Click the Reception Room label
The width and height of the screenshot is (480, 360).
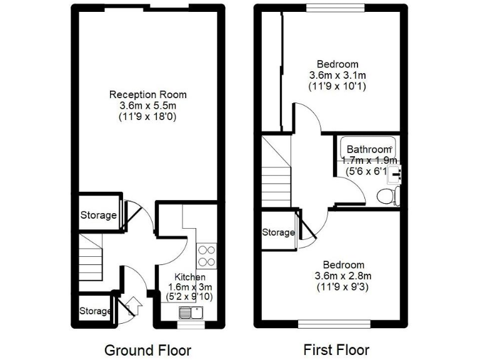[147, 94]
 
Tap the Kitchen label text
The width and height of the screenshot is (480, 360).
[190, 277]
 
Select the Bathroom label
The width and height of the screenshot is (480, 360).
[369, 149]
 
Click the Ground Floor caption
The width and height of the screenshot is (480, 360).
[147, 350]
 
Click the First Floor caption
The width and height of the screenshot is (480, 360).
[336, 349]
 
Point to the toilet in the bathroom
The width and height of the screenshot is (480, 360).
[388, 196]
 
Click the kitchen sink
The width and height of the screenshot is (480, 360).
[190, 312]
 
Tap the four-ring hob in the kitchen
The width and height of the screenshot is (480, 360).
[206, 256]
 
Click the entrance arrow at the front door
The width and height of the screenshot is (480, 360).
[132, 306]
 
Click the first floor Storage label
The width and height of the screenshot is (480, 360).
[278, 232]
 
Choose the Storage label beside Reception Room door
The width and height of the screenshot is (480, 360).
[98, 215]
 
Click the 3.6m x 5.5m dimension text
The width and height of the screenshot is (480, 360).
[147, 105]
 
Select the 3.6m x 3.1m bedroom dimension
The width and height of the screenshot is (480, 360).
[337, 75]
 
